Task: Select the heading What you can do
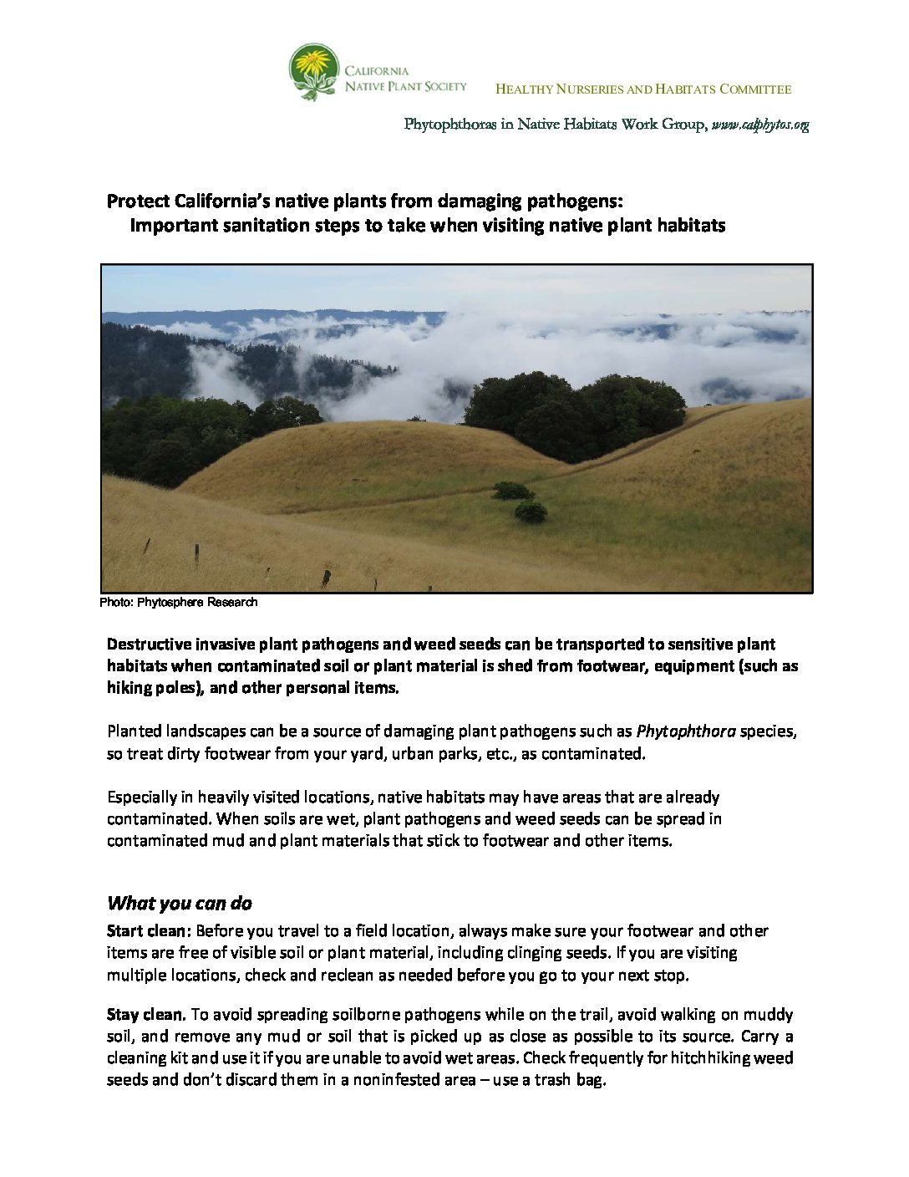(x=180, y=904)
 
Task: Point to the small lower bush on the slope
(x=531, y=512)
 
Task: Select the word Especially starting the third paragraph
(x=140, y=797)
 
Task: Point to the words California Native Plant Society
(x=404, y=79)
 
